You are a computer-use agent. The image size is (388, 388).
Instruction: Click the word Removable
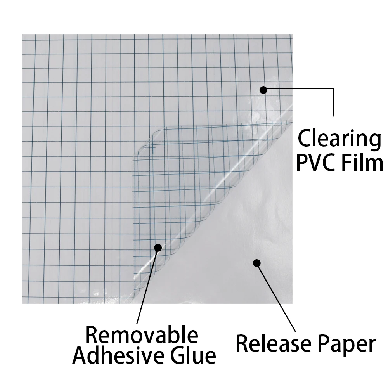pos(142,334)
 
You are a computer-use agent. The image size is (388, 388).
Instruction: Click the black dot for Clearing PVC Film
pos(263,90)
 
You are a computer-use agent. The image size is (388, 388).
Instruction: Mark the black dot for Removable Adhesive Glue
pos(158,247)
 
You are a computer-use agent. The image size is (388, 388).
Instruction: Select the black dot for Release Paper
pos(256,263)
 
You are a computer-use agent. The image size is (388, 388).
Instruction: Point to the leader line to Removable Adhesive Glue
pos(147,287)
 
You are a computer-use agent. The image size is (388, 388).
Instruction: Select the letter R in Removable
pos(91,334)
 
